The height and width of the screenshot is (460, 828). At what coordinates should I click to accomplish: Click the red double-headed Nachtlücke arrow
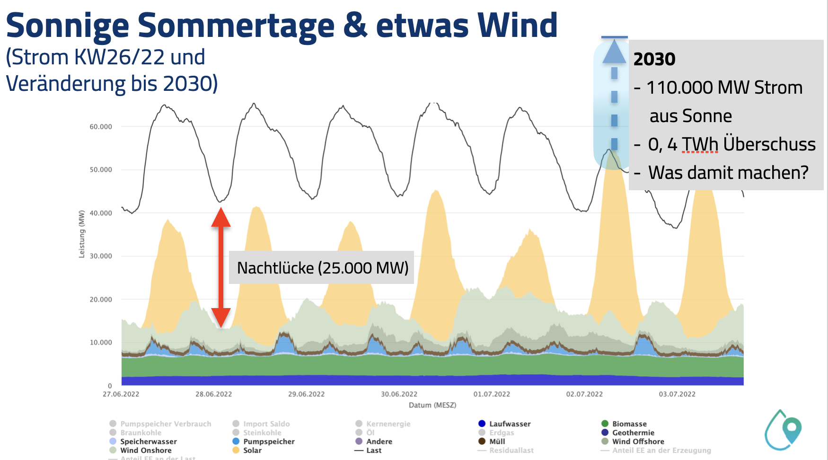[x=221, y=267]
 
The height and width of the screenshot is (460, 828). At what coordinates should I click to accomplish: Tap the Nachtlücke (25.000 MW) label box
[x=322, y=268]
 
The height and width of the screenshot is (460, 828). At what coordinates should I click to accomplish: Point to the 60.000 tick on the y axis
[x=101, y=127]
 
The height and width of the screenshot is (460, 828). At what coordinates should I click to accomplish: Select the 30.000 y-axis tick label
[x=101, y=256]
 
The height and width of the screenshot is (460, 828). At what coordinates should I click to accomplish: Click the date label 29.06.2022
[x=306, y=394]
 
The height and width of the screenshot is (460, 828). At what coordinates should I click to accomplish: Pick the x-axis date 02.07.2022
[x=584, y=394]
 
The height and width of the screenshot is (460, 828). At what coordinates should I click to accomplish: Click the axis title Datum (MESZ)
[x=432, y=405]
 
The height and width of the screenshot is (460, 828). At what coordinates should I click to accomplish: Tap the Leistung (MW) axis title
[x=82, y=234]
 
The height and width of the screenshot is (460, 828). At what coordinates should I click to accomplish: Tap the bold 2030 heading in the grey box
[x=654, y=59]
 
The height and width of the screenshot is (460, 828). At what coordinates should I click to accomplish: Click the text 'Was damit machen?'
[x=728, y=173]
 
